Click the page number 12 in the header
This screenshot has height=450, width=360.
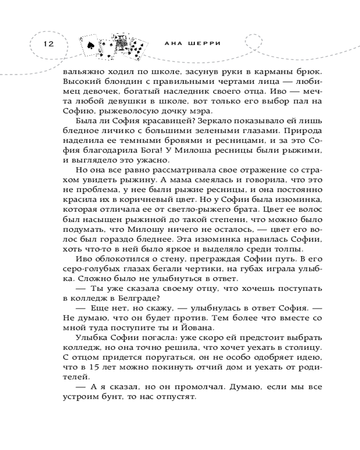pos(48,44)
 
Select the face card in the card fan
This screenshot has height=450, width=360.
pos(121,42)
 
